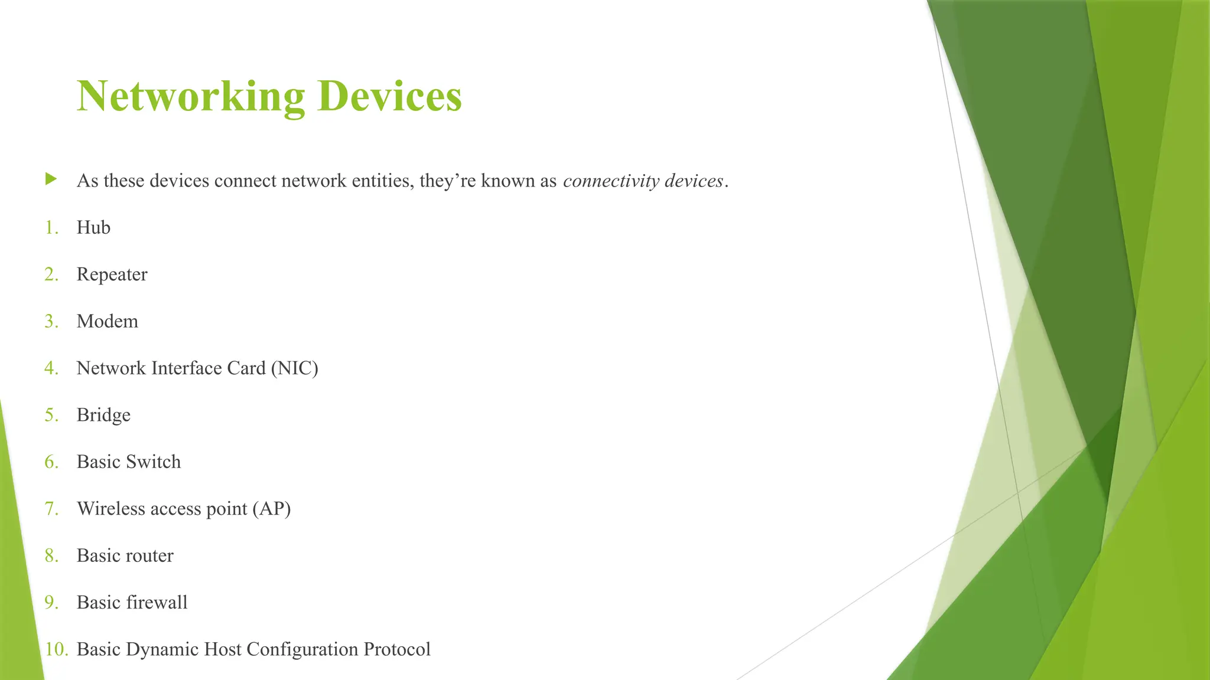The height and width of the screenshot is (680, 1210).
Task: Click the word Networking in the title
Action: (x=190, y=96)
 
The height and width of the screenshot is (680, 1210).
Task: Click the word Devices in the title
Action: (x=389, y=96)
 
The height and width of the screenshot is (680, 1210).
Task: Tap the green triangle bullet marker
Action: (x=51, y=179)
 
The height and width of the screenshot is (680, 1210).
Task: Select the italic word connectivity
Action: (x=611, y=181)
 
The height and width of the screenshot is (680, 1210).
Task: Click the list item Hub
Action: (x=93, y=228)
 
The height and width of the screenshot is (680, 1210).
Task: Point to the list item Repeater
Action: (x=112, y=274)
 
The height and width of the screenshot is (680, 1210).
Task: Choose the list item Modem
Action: (x=107, y=322)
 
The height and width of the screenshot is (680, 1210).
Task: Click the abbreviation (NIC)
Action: (x=294, y=368)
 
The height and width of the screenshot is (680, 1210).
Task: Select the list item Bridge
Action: (x=103, y=415)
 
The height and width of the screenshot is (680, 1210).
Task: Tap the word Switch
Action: (x=153, y=462)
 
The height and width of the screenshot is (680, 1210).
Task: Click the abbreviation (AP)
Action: (x=271, y=509)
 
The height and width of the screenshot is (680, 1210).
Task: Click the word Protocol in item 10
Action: (x=396, y=649)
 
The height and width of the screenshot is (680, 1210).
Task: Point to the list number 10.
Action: (x=56, y=649)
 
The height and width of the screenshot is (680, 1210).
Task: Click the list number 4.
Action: (x=51, y=368)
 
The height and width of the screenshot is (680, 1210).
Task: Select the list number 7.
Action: (x=51, y=509)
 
